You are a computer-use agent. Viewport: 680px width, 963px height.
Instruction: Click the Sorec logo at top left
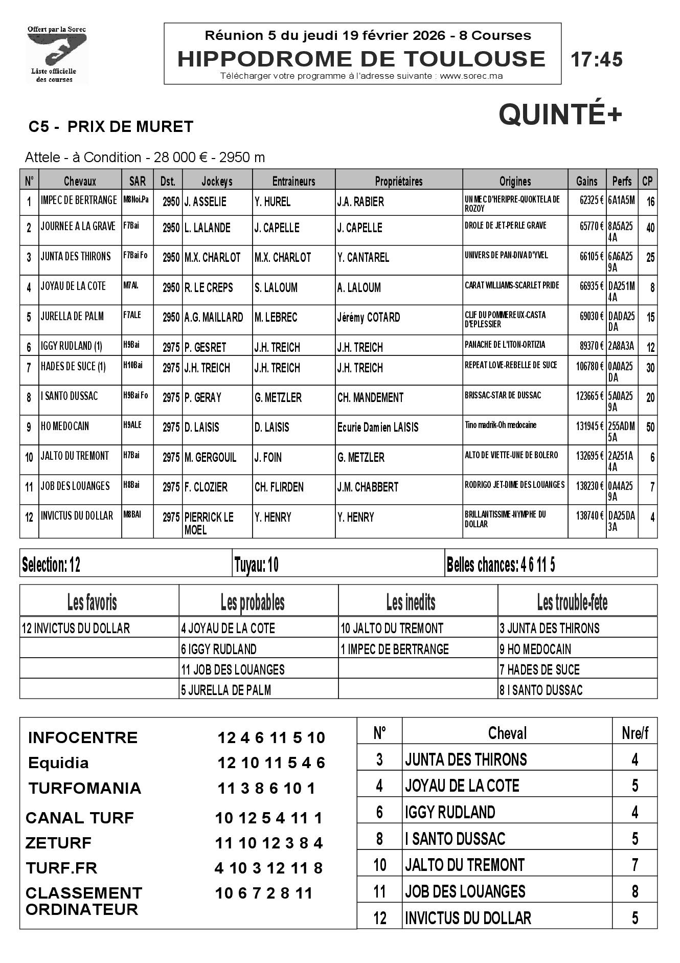(57, 54)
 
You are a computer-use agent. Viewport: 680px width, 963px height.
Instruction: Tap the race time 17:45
(597, 60)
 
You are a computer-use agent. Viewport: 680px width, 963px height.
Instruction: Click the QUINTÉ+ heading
(560, 114)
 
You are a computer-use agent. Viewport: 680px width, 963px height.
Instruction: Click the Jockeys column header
(217, 181)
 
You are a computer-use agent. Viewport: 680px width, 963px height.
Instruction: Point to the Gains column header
(586, 181)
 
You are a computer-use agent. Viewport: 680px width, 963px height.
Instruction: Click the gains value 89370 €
(592, 346)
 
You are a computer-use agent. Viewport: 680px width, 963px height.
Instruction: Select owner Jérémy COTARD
(368, 318)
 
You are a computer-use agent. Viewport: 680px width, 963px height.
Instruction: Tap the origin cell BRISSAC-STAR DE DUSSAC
(503, 395)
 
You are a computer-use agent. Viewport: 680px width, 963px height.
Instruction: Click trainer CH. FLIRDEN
(279, 487)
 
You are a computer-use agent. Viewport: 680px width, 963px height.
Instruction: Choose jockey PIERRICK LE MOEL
(209, 523)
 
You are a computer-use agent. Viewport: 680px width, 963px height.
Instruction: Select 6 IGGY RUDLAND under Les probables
(219, 650)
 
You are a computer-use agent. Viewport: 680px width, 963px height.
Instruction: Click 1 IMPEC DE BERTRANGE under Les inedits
(395, 650)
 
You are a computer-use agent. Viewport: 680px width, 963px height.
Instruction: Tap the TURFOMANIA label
(85, 788)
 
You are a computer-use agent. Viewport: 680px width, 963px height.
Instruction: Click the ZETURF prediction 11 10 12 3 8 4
(269, 843)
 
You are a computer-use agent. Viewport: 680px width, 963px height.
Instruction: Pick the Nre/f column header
(635, 733)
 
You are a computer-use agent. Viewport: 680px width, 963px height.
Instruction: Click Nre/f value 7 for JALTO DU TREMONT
(635, 865)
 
